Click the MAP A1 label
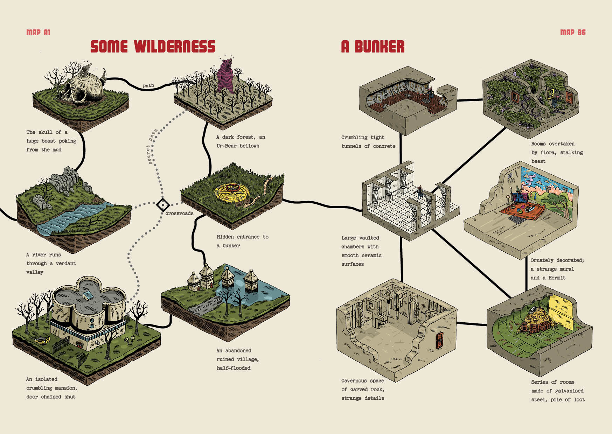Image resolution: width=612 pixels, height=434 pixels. (39, 33)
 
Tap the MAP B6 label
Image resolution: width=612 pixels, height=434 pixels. (573, 33)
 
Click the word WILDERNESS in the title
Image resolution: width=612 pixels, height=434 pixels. (174, 47)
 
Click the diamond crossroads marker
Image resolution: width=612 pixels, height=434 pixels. (163, 205)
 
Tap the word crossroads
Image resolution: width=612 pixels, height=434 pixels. (179, 213)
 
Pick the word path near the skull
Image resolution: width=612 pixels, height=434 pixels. (148, 86)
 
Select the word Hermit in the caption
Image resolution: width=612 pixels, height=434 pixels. (557, 278)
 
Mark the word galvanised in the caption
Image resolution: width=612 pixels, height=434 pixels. (569, 391)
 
